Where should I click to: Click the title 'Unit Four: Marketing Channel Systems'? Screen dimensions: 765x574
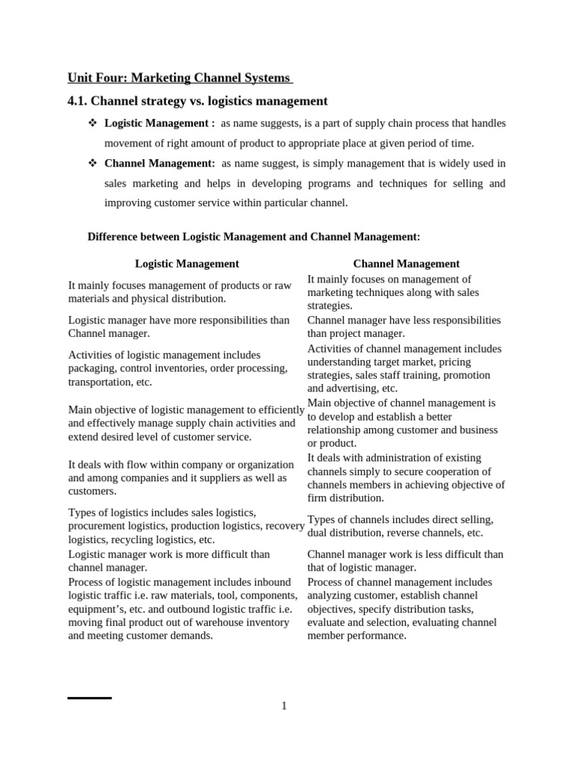click(x=179, y=78)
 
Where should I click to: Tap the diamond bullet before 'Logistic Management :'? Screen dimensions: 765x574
click(x=93, y=123)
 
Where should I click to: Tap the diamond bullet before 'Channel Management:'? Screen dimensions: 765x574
click(x=93, y=163)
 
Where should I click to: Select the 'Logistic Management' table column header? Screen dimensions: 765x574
click(x=187, y=264)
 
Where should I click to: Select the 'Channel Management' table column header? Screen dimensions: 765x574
click(x=406, y=264)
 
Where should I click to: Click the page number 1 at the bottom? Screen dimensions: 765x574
click(x=284, y=706)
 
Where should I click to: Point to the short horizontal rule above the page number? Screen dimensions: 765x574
click(x=90, y=698)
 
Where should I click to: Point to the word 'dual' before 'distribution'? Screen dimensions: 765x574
click(x=319, y=533)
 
